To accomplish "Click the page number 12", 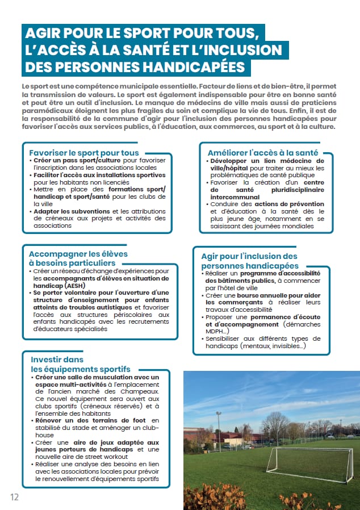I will (x=14, y=497).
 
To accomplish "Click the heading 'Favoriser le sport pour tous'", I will (x=83, y=152).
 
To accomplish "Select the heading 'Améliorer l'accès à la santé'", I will (x=262, y=152).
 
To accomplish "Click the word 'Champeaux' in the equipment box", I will (x=142, y=392).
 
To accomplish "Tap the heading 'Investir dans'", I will (x=57, y=359).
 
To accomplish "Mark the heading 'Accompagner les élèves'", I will (x=78, y=253).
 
